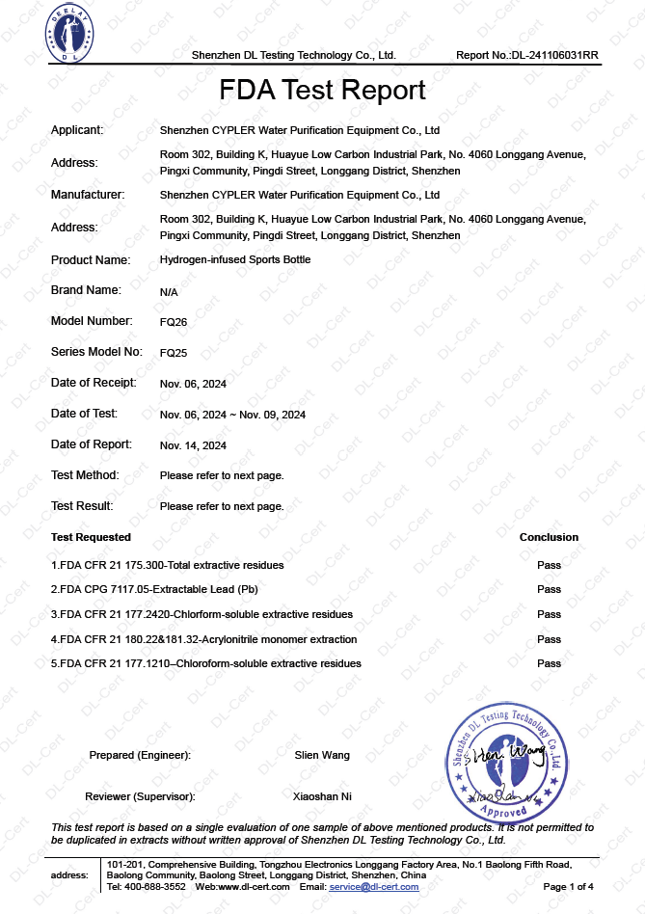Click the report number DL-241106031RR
[527, 55]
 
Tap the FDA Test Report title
[322, 91]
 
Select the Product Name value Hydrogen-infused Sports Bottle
[235, 259]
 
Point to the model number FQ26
[174, 321]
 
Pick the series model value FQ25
[174, 352]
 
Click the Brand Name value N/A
[169, 290]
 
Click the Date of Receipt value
[193, 384]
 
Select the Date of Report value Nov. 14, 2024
[193, 445]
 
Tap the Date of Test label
[84, 414]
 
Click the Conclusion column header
[549, 537]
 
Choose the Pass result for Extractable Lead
[549, 589]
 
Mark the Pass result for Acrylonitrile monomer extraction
[549, 639]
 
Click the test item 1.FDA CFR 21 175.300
[168, 564]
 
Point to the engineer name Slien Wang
[322, 755]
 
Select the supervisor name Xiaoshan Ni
[322, 796]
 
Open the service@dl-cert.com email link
[374, 886]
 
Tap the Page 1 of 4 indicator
[569, 886]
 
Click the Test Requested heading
[91, 537]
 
